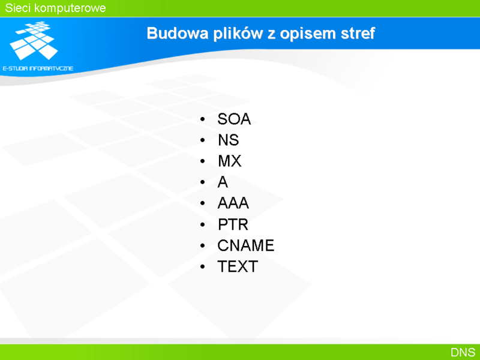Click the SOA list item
pyautogui.click(x=234, y=119)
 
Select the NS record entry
pyautogui.click(x=229, y=140)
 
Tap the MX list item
pyautogui.click(x=230, y=161)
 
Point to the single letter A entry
pyautogui.click(x=223, y=182)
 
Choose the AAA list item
pyautogui.click(x=233, y=203)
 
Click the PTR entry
pyautogui.click(x=233, y=224)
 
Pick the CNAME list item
pyautogui.click(x=246, y=245)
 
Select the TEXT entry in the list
pyautogui.click(x=238, y=266)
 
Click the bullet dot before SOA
pyautogui.click(x=202, y=119)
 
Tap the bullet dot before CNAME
pyautogui.click(x=202, y=245)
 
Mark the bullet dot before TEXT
pyautogui.click(x=202, y=266)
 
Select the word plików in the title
pyautogui.click(x=238, y=34)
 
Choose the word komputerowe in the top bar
pyautogui.click(x=70, y=8)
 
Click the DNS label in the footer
pyautogui.click(x=463, y=352)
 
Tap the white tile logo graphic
pyautogui.click(x=34, y=40)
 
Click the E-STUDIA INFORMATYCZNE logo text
pyautogui.click(x=38, y=68)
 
